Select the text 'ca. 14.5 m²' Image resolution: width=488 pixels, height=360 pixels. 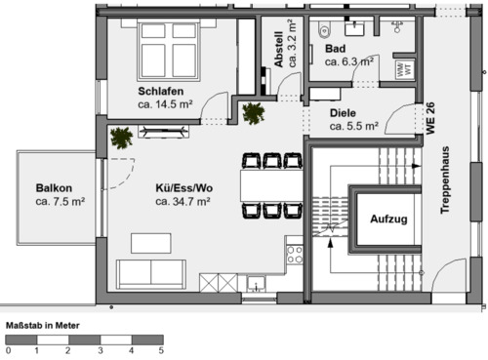[164, 105]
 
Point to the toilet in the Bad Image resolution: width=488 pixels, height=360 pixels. [324, 26]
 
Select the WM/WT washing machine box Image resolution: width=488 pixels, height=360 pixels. [403, 69]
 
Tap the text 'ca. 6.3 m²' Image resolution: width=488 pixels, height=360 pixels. [349, 60]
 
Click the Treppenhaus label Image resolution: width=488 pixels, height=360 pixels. [446, 180]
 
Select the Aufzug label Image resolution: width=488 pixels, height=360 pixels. [386, 220]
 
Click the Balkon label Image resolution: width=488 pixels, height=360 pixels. [53, 188]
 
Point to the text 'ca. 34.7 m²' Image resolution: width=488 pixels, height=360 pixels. [183, 202]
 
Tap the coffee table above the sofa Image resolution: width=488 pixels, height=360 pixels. [150, 242]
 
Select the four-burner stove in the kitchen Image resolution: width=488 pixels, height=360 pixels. [294, 256]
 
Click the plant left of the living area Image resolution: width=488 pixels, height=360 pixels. [122, 138]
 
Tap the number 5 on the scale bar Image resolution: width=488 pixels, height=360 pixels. [161, 348]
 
